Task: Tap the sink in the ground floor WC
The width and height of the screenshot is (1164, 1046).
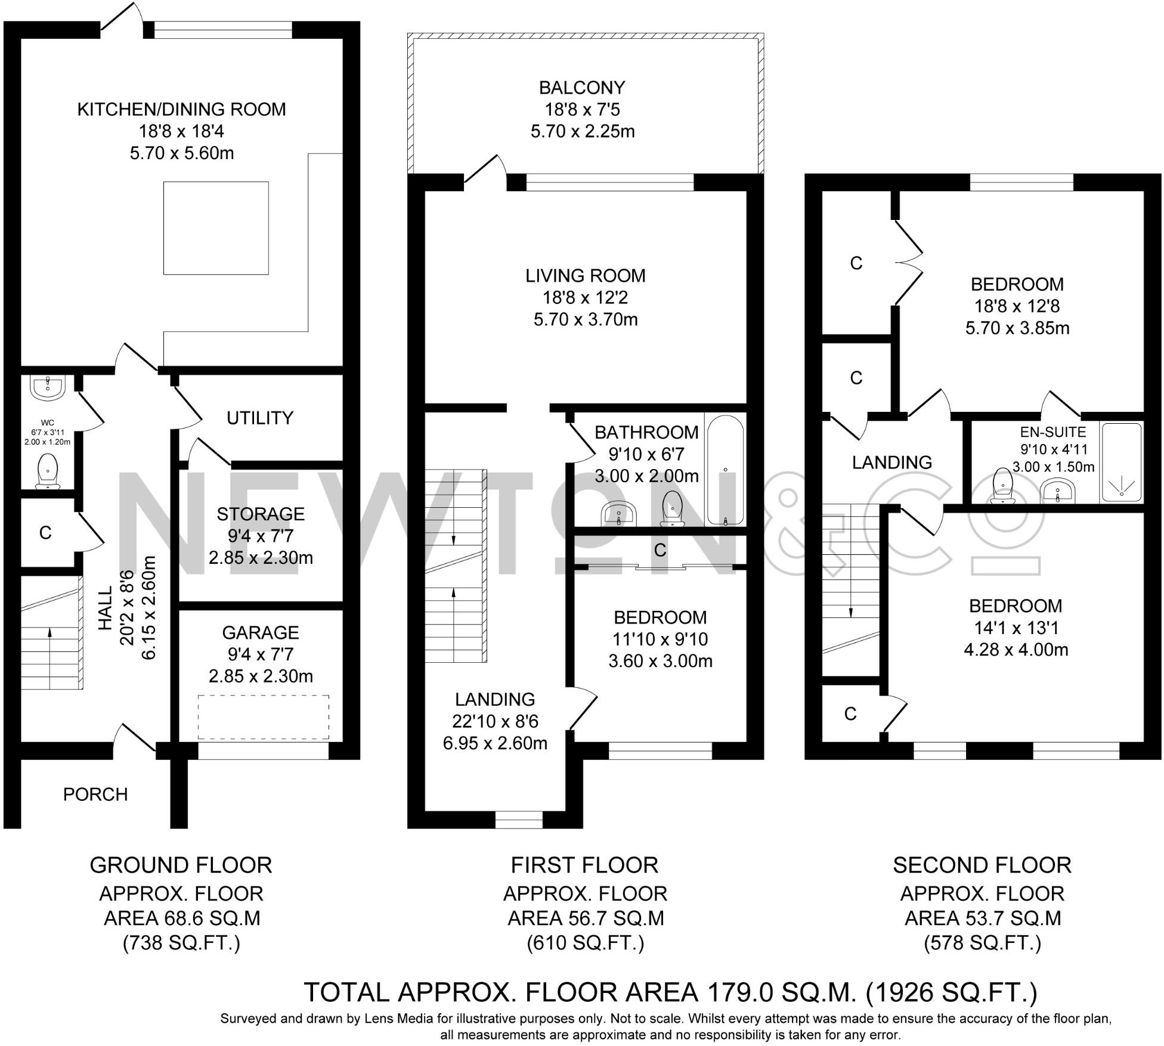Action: point(48,388)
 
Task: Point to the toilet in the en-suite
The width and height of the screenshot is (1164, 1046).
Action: point(1004,485)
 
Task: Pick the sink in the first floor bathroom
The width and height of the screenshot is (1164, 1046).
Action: point(620,514)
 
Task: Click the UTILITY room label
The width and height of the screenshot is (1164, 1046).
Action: point(260,418)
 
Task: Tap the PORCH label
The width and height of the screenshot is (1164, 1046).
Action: point(95,794)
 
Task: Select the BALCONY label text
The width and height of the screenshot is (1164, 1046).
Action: point(582,88)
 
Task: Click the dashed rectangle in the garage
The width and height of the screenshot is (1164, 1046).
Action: point(263,717)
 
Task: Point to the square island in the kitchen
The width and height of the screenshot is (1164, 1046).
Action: point(216,228)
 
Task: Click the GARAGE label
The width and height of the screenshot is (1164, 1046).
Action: point(261,632)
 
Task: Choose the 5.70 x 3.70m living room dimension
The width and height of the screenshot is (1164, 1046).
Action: point(586,319)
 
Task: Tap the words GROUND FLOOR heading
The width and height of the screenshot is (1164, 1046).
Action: point(181,865)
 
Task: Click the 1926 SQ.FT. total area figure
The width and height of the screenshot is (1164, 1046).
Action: point(951,992)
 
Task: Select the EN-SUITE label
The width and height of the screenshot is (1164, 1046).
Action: point(1053,432)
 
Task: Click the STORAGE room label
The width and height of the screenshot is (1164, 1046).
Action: point(261,514)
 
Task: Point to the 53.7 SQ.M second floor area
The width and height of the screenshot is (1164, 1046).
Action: point(983,918)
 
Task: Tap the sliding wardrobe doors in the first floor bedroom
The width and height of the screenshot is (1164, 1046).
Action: point(660,567)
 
